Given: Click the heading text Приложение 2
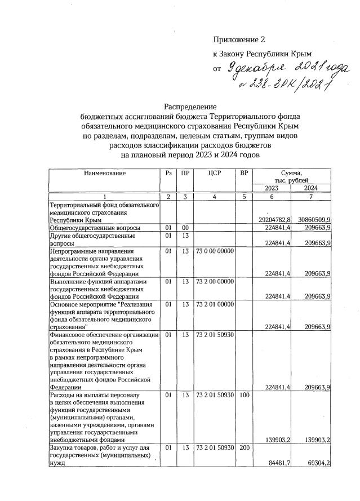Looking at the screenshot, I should (x=238, y=39).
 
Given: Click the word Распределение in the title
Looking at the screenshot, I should (x=190, y=106).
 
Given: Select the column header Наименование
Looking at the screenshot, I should (x=104, y=174).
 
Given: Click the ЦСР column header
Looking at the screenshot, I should (x=214, y=174).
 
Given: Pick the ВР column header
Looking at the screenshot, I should (x=243, y=174).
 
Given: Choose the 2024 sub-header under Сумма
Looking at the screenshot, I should (x=312, y=188).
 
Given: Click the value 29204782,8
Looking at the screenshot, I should (x=274, y=220).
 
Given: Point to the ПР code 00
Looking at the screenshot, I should (x=185, y=227).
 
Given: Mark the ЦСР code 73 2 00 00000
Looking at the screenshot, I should (x=214, y=281).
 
